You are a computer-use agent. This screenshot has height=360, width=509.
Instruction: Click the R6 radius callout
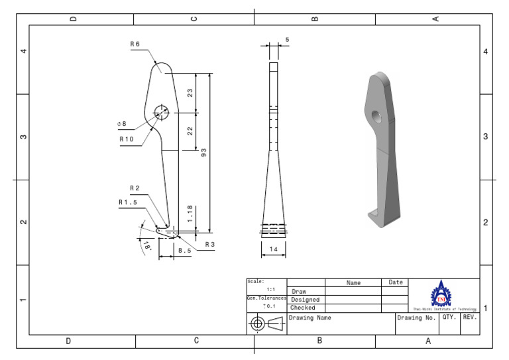click(x=135, y=44)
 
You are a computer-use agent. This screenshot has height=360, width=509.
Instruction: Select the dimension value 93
click(x=203, y=152)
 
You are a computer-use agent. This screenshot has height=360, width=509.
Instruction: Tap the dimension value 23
click(x=190, y=93)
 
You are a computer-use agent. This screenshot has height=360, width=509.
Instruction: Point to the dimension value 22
click(x=190, y=131)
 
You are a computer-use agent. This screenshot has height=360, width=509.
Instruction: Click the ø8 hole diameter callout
click(x=121, y=124)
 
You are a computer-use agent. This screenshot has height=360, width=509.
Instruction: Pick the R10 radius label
click(x=126, y=140)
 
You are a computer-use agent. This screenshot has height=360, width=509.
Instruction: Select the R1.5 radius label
click(x=127, y=202)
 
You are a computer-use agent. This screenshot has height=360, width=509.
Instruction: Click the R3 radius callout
click(x=209, y=245)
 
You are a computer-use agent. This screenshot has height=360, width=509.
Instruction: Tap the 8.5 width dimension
click(x=185, y=251)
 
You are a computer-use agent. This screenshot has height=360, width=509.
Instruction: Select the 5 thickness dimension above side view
click(x=287, y=40)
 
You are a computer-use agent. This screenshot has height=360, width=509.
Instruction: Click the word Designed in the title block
click(x=305, y=300)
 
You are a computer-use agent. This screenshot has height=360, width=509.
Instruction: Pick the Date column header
click(x=396, y=282)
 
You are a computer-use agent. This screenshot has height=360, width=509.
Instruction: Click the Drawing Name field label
click(x=310, y=318)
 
